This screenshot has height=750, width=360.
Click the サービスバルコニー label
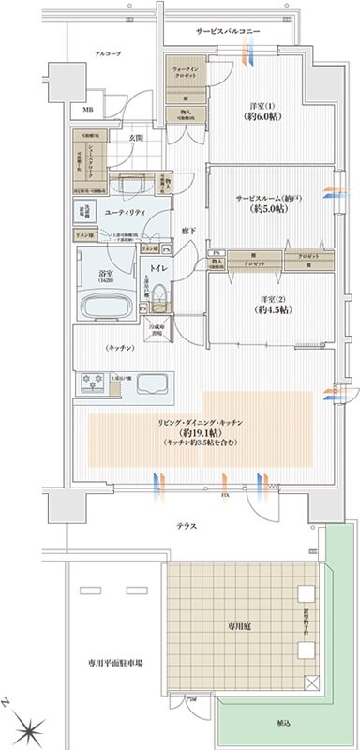[229, 32]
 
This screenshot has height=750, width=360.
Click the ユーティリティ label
[125, 213]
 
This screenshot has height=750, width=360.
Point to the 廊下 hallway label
[188, 230]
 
